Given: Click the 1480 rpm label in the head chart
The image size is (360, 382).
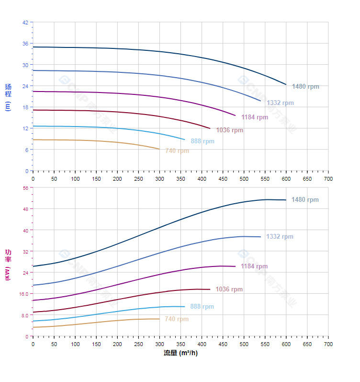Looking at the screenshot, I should pyautogui.click(x=305, y=87).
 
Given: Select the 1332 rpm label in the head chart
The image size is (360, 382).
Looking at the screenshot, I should pyautogui.click(x=280, y=103).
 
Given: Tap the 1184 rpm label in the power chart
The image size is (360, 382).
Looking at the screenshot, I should pyautogui.click(x=254, y=266).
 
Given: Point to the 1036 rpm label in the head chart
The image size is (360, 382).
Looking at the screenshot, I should pyautogui.click(x=229, y=130).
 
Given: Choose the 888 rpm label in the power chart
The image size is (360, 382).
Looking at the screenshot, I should pyautogui.click(x=202, y=307).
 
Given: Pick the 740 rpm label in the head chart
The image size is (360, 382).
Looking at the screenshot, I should pyautogui.click(x=177, y=150).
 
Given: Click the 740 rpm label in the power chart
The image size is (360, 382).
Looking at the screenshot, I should pyautogui.click(x=177, y=319).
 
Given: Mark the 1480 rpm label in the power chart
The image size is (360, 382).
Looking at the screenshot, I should pyautogui.click(x=305, y=200).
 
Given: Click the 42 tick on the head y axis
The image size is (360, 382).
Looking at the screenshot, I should pyautogui.click(x=25, y=22).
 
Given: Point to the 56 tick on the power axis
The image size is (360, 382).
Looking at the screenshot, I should pyautogui.click(x=25, y=188).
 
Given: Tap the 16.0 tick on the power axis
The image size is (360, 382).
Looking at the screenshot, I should pyautogui.click(x=24, y=294).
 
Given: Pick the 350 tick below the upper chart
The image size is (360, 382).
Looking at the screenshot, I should pyautogui.click(x=180, y=178).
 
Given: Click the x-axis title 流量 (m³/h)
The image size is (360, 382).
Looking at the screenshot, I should pyautogui.click(x=180, y=353).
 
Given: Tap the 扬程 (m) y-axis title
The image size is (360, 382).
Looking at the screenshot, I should pyautogui.click(x=8, y=97).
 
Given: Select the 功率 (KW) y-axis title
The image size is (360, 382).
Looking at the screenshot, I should pyautogui.click(x=8, y=265).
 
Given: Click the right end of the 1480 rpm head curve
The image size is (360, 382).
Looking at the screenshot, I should pyautogui.click(x=286, y=85).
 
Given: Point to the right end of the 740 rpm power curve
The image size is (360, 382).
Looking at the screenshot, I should pyautogui.click(x=159, y=319).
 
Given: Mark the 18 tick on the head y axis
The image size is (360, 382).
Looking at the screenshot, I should pyautogui.click(x=25, y=107).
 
